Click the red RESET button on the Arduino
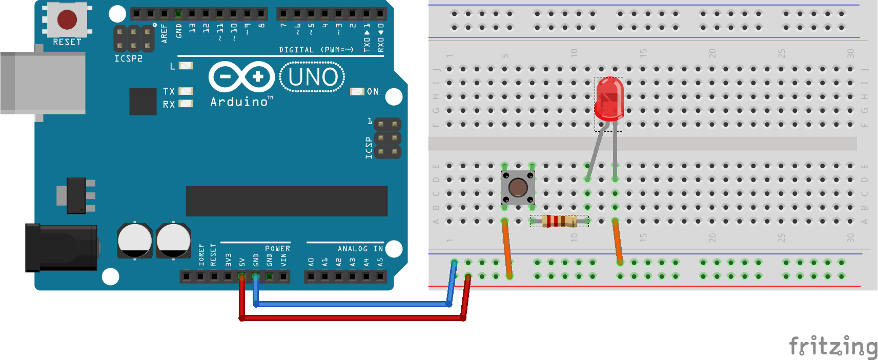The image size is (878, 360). pyautogui.click(x=67, y=19)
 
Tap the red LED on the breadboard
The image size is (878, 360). pyautogui.click(x=609, y=98)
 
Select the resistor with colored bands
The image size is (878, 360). pyautogui.click(x=559, y=221)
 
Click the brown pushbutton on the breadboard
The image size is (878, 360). pyautogui.click(x=518, y=188)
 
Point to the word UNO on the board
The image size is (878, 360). pyautogui.click(x=313, y=77)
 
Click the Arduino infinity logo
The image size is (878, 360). pyautogui.click(x=241, y=77)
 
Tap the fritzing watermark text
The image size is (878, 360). pyautogui.click(x=833, y=346)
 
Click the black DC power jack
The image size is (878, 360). pyautogui.click(x=61, y=247)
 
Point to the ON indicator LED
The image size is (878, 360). pyautogui.click(x=356, y=91)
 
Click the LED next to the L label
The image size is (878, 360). pyautogui.click(x=186, y=66)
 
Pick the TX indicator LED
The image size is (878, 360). pyautogui.click(x=186, y=91)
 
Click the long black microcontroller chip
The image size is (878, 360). pyautogui.click(x=287, y=201)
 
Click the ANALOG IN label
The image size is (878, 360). pyautogui.click(x=360, y=249)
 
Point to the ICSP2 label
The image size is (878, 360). pyautogui.click(x=128, y=59)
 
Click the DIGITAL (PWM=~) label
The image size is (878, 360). pyautogui.click(x=316, y=50)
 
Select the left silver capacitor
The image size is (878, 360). pyautogui.click(x=134, y=240)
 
